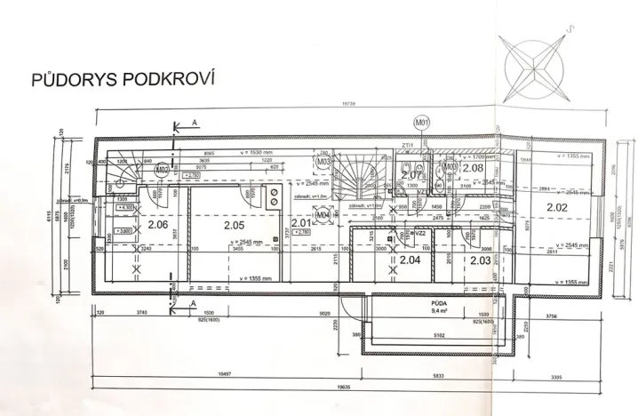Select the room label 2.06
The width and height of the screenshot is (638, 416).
158,224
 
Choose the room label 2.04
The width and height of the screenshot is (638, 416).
409,260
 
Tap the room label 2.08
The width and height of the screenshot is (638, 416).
473,167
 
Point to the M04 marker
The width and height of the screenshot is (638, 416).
323,214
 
